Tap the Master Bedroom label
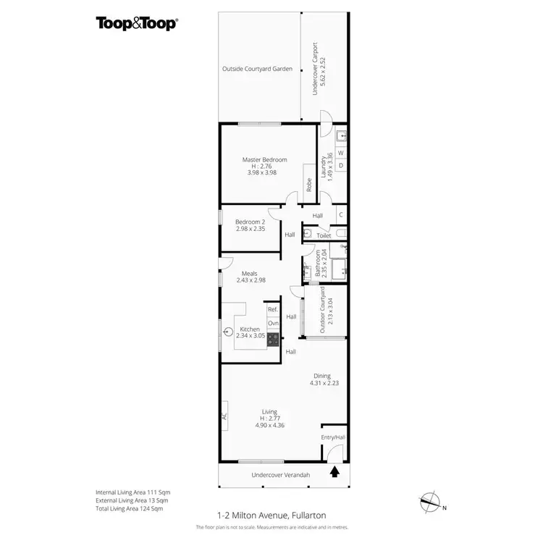264,159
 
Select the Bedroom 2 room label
251,222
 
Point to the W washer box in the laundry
341,152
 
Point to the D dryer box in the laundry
341,166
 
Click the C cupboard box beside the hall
341,215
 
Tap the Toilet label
324,235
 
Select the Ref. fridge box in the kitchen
273,310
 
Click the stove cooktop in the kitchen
273,338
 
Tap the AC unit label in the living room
224,417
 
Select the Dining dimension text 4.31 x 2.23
321,384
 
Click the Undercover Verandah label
280,475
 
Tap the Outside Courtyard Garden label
257,69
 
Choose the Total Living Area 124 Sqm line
129,509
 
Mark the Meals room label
251,274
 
